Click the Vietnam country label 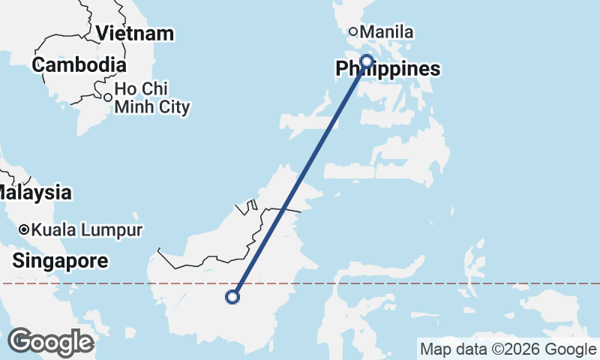135,34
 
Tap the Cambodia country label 78,65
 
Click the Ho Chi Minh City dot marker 108,97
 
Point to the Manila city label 387,32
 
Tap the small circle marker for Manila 352,31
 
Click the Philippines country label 387,70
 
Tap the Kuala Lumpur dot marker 25,229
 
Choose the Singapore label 60,262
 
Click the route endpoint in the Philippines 367,61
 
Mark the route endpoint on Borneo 232,297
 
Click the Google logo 50,342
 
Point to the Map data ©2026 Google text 508,349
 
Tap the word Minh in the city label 132,108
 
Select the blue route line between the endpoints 300,178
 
